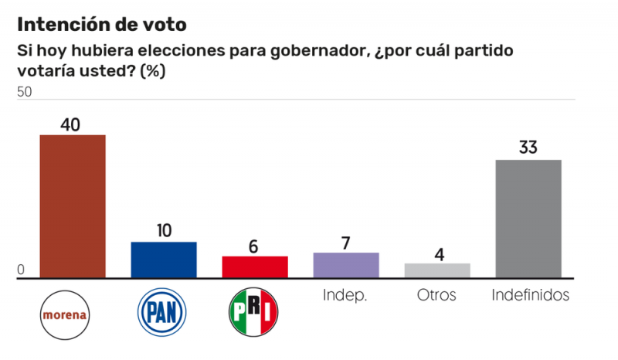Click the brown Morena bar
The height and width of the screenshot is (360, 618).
[x=73, y=206]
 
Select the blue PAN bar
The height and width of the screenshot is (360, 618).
[x=164, y=260]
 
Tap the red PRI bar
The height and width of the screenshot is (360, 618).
[x=255, y=267]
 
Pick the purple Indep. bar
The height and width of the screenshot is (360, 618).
[x=346, y=265]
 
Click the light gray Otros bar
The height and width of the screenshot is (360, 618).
[x=437, y=270]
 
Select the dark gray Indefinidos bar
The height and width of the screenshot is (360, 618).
[x=528, y=219]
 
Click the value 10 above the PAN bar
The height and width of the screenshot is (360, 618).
[x=163, y=231]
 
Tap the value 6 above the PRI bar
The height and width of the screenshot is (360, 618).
[x=255, y=245]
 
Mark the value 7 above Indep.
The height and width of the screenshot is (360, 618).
[x=346, y=242]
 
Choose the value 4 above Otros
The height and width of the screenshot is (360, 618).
[x=437, y=253]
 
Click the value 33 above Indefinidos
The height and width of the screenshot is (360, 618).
[x=528, y=148]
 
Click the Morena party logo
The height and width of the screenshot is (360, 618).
[x=66, y=314]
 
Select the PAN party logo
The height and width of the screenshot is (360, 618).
[x=163, y=313]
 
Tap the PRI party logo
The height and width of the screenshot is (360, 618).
[x=254, y=313]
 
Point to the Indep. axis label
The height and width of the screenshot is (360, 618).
[x=345, y=295]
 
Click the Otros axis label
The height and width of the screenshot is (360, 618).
[x=436, y=294]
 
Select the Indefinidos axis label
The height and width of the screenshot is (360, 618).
[x=531, y=294]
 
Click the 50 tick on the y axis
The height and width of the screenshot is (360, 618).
[x=25, y=92]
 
